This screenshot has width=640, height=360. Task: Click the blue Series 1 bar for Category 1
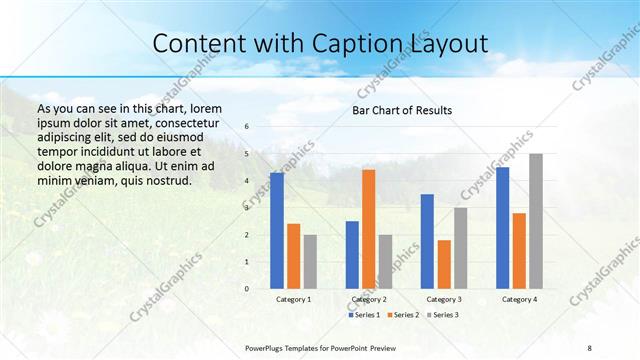click(277, 231)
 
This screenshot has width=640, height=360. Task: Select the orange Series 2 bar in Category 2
click(368, 229)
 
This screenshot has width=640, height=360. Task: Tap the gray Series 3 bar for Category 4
click(536, 221)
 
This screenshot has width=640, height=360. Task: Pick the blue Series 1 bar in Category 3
click(427, 241)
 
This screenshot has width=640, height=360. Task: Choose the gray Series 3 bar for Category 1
click(310, 261)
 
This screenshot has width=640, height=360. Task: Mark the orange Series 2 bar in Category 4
click(519, 250)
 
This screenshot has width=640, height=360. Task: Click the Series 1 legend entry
click(364, 315)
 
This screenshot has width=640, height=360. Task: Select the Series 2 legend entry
click(402, 315)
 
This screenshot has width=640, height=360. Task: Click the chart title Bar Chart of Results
click(402, 110)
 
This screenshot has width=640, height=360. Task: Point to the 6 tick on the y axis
click(247, 127)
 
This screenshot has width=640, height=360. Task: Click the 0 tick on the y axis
click(247, 289)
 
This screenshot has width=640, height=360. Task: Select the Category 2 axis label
click(369, 299)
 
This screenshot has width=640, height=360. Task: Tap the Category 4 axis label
click(519, 299)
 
